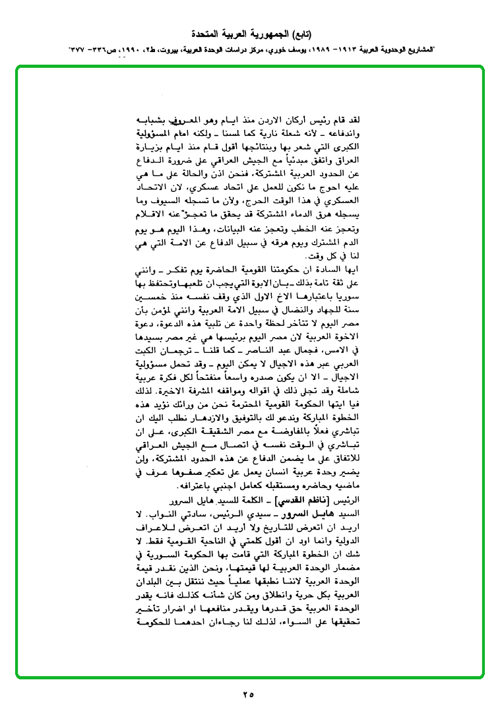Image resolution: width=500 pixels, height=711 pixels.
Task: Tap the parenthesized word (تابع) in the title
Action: (302, 33)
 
